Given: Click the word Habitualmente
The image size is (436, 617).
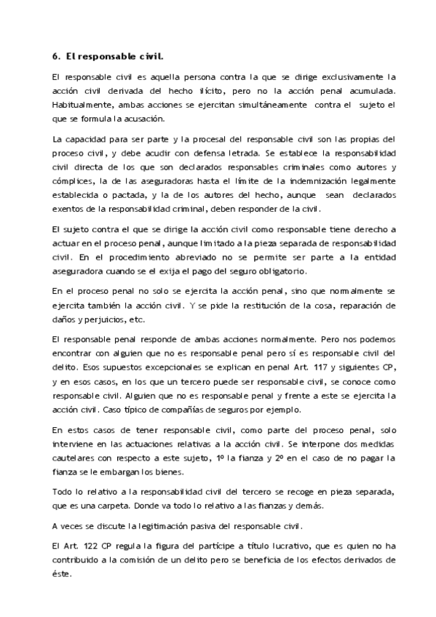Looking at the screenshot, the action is tap(79, 105).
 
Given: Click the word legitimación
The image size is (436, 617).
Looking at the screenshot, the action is tap(135, 526).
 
